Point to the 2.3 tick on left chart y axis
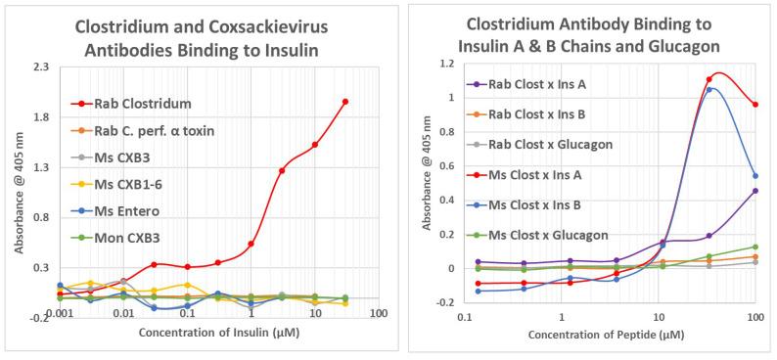(42, 67)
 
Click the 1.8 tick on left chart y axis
(42, 117)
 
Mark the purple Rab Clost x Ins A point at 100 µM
(754, 191)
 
